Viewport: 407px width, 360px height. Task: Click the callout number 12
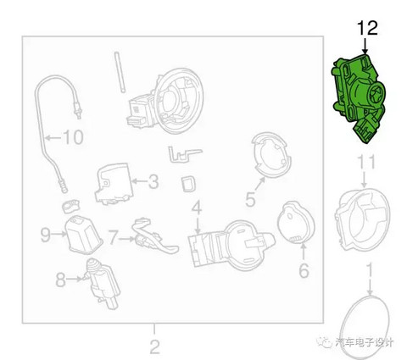(367, 28)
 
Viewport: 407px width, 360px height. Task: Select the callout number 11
(366, 162)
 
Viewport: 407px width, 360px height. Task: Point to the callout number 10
(73, 137)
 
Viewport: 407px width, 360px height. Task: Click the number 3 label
(153, 181)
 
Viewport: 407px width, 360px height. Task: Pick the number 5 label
(250, 199)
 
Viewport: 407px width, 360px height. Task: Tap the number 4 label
(197, 208)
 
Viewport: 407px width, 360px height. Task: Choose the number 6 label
(304, 270)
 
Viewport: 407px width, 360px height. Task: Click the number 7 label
(113, 238)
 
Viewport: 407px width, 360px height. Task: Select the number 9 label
(45, 235)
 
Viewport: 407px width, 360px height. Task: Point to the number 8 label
(60, 280)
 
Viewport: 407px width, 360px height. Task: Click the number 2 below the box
(154, 346)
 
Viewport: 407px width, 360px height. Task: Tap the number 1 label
(370, 271)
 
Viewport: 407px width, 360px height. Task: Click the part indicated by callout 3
(114, 184)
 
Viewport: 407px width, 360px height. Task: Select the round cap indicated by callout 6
(296, 222)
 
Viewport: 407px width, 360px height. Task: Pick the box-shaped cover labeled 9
(83, 235)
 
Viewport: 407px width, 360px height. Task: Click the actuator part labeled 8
(101, 284)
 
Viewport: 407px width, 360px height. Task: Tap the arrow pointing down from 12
(365, 46)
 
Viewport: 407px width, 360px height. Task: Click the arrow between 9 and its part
(59, 234)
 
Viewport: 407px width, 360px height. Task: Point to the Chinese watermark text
(365, 342)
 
